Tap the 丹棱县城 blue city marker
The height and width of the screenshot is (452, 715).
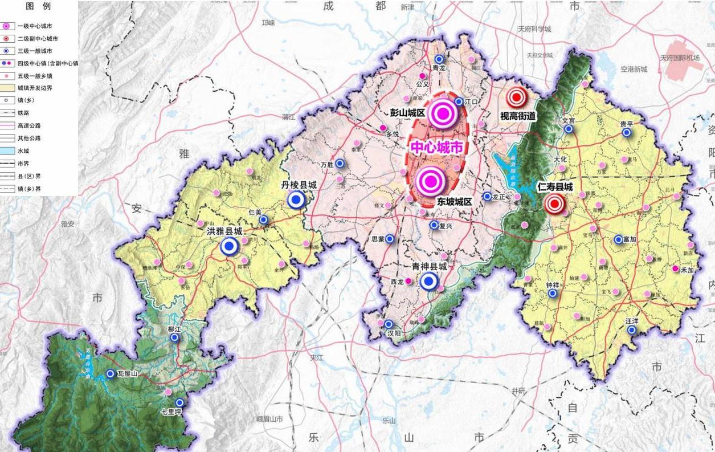click(x=296, y=199)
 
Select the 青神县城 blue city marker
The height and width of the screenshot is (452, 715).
click(x=429, y=281)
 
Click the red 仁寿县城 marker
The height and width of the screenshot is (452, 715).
click(x=554, y=203)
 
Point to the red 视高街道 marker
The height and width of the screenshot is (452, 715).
click(x=517, y=97)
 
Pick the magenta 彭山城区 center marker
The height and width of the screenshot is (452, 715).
click(x=444, y=114)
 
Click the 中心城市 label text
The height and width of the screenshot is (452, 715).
click(x=436, y=148)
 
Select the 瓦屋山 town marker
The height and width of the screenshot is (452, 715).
click(x=110, y=374)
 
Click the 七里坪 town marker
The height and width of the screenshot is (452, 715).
click(x=179, y=402)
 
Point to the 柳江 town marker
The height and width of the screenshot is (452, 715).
click(x=174, y=337)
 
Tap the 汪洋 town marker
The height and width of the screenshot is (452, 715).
click(x=631, y=329)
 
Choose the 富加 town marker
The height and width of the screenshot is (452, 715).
click(x=618, y=239)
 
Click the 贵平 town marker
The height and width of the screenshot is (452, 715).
click(x=626, y=132)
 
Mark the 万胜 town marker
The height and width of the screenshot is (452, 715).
click(x=340, y=164)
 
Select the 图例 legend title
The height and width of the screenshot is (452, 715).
click(x=38, y=7)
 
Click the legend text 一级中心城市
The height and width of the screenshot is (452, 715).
click(x=38, y=26)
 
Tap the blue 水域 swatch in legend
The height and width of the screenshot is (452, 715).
click(x=7, y=150)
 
